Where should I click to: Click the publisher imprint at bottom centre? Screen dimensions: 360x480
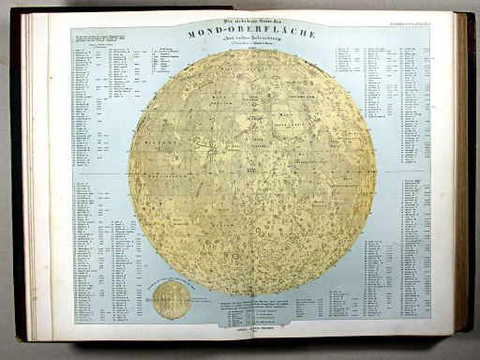pyautogui.click(x=251, y=326)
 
